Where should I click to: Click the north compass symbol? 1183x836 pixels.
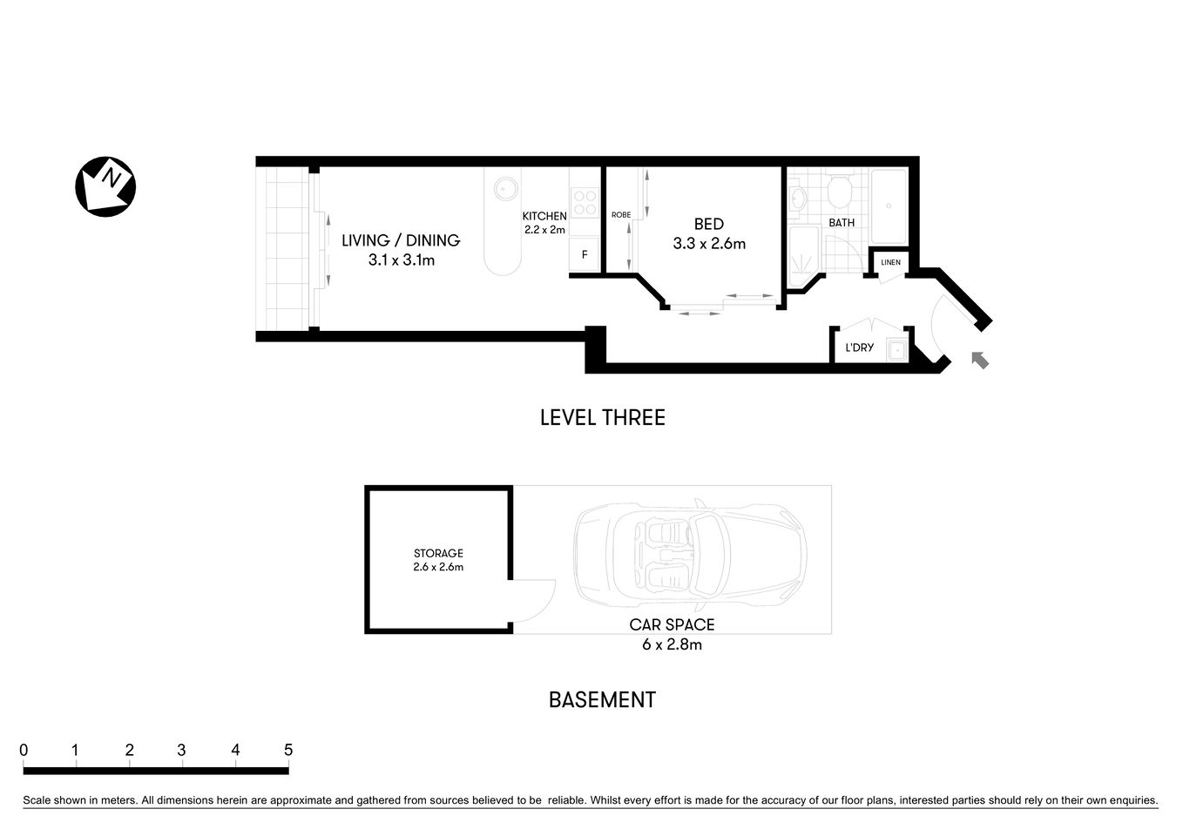pos(105,186)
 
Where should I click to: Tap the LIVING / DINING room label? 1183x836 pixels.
pos(400,241)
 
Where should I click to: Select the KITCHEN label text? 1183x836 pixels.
pos(544,216)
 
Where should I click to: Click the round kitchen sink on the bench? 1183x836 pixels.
pos(504,188)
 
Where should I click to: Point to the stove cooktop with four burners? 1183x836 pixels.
pos(585,203)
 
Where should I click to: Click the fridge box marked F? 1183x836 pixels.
pos(585,255)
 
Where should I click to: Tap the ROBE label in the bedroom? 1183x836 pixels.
pos(620,215)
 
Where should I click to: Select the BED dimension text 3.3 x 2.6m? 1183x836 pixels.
pos(708,244)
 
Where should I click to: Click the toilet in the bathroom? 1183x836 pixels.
pos(841,192)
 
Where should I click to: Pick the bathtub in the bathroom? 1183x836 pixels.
pos(889,207)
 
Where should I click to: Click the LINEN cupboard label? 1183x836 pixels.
pos(890,262)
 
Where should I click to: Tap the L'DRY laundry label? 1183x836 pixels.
pos(859,347)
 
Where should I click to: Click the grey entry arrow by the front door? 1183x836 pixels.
pos(980,359)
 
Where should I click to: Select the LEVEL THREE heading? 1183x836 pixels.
pos(602,418)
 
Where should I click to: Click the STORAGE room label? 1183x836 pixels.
pos(438,553)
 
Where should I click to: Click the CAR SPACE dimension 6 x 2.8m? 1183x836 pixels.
pos(672,645)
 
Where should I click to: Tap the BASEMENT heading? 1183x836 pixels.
pos(601,700)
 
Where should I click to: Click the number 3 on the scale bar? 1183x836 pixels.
pos(181,750)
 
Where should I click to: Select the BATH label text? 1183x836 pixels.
pos(841,223)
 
